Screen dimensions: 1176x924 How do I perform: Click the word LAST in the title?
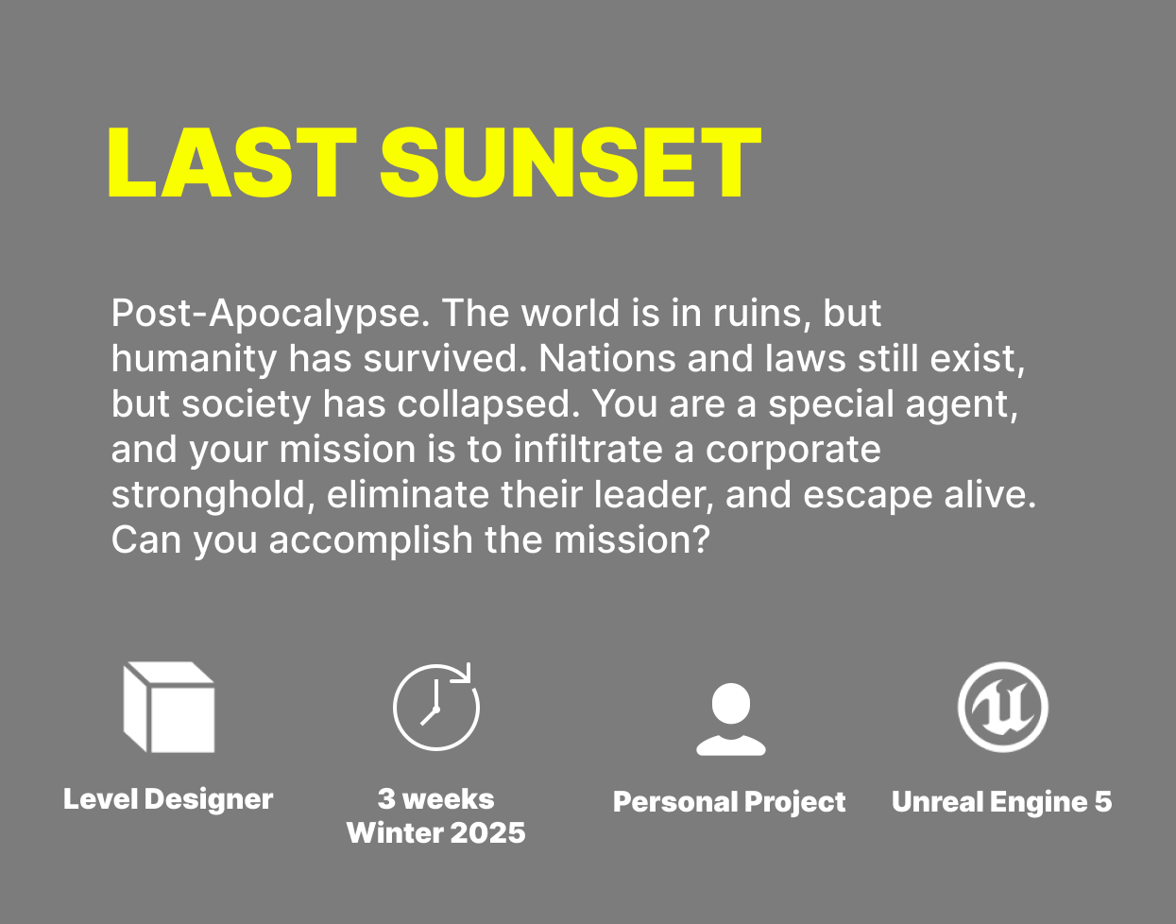coord(232,163)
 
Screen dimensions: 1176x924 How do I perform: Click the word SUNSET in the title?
coord(571,163)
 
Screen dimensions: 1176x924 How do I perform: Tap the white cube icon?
coord(169,707)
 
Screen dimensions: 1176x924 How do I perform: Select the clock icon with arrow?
coord(436,707)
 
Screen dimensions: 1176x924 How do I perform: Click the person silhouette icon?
coord(730,719)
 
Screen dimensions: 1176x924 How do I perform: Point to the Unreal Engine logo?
coord(1003,707)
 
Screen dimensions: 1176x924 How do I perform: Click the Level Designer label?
coord(168,799)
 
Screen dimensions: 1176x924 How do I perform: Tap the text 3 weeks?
coord(436,799)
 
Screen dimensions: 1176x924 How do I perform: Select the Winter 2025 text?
coord(436,832)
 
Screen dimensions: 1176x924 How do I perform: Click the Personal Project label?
coord(729,802)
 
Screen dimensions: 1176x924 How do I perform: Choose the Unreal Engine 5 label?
coord(1002,802)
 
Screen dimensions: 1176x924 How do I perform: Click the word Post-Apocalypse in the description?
coord(270,315)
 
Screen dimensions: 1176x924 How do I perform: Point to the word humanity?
coord(194,360)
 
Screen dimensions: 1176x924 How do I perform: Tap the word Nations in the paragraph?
coord(607,359)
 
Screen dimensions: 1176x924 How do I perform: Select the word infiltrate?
coord(588,450)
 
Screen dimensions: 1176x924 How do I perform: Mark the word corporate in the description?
coord(793,451)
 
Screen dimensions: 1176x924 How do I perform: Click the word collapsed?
coord(488,405)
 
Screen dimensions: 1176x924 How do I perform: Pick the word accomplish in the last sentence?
coord(371,541)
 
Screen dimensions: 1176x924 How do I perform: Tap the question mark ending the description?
coord(701,539)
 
